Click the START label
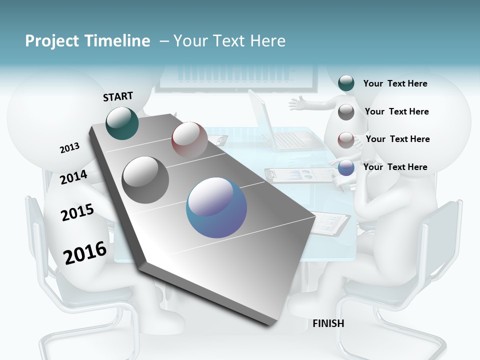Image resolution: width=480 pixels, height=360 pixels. click(118, 96)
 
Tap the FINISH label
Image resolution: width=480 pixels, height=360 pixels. click(328, 323)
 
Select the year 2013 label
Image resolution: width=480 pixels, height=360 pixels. click(69, 148)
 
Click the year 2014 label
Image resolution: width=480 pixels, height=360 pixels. click(73, 177)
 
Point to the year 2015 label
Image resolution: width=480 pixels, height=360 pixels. click(77, 212)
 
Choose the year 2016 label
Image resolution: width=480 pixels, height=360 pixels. click(85, 252)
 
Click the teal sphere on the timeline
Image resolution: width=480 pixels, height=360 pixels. click(122, 123)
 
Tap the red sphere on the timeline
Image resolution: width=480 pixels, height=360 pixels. click(189, 139)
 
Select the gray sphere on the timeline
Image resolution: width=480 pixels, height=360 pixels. click(145, 180)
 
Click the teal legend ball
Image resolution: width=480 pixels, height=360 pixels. click(346, 83)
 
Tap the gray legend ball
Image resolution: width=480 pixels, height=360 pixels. click(346, 112)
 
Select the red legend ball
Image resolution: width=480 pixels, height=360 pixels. click(346, 140)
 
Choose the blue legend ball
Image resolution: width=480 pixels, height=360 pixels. click(346, 168)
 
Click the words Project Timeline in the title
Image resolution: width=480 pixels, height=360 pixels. click(87, 41)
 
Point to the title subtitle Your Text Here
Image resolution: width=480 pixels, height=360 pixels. click(229, 41)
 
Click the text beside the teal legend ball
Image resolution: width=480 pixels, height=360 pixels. click(395, 83)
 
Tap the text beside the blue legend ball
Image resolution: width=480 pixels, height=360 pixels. click(395, 167)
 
